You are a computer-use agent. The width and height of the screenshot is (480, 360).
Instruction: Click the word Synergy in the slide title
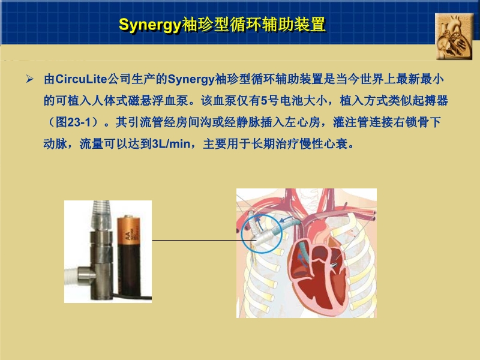[x=149, y=25]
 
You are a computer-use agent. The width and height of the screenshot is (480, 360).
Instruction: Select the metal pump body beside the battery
[x=99, y=252]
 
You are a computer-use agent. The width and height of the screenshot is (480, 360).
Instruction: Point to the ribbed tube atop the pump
[x=99, y=213]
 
